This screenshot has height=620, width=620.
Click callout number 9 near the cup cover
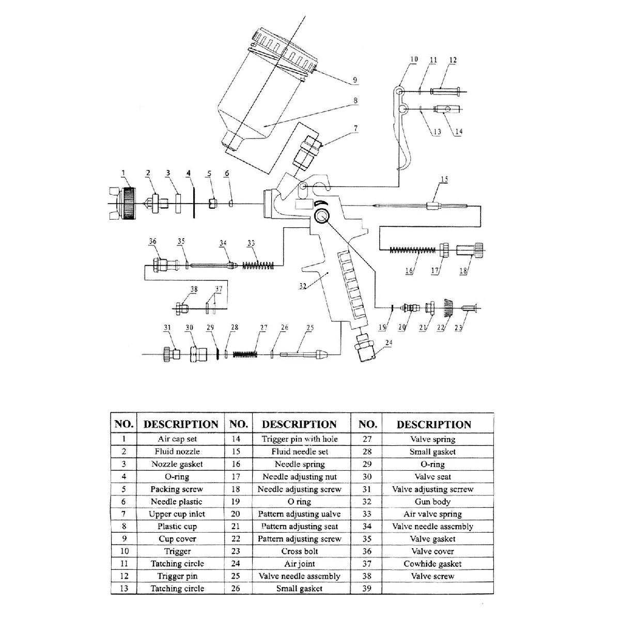pyautogui.click(x=355, y=80)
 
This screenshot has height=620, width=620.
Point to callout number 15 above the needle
pyautogui.click(x=444, y=180)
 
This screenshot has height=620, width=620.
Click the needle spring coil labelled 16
pyautogui.click(x=411, y=250)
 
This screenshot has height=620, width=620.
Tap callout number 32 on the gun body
pyautogui.click(x=303, y=286)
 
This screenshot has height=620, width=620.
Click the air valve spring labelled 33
pyautogui.click(x=258, y=265)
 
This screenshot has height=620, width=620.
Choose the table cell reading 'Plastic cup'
pyautogui.click(x=177, y=526)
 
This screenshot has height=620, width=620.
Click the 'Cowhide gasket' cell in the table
pyautogui.click(x=432, y=564)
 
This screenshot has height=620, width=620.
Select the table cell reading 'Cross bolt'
pyautogui.click(x=299, y=551)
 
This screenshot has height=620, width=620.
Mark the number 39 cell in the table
pyautogui.click(x=366, y=588)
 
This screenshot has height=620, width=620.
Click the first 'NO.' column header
pyautogui.click(x=124, y=424)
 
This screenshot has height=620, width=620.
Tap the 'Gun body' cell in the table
pyautogui.click(x=432, y=502)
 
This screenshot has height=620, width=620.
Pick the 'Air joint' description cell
pyautogui.click(x=299, y=564)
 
